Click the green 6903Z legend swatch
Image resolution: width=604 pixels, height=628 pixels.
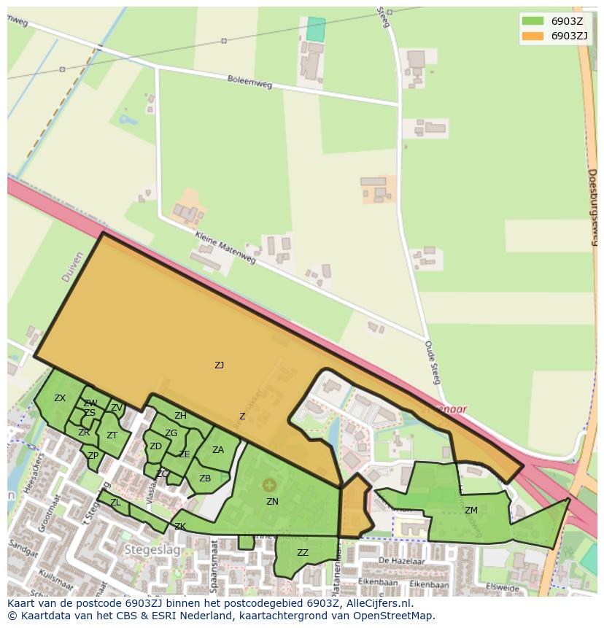(533, 21)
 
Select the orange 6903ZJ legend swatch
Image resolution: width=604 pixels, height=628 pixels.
(533, 35)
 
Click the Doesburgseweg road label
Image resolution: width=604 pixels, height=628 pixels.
(592, 208)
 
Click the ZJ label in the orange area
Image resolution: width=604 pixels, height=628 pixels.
(219, 365)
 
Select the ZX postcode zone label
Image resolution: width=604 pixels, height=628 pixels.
(60, 398)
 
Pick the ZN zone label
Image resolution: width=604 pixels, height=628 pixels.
(272, 502)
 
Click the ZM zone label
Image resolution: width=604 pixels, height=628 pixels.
(471, 511)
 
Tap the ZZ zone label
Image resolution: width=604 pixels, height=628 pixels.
(303, 553)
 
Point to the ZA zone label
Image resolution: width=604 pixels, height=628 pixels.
(218, 450)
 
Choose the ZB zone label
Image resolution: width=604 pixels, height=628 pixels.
(205, 478)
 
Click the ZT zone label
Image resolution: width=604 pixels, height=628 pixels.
(112, 435)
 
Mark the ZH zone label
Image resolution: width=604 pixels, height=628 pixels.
(180, 416)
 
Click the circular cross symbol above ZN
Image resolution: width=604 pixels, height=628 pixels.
(269, 484)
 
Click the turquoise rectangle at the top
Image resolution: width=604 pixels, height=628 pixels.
(315, 29)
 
